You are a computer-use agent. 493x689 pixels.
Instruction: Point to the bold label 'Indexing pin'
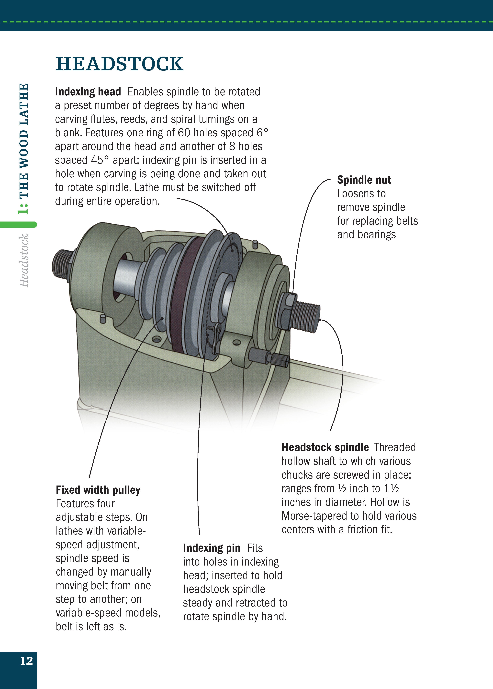click(212, 548)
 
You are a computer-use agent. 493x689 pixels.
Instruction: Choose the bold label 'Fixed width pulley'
click(98, 490)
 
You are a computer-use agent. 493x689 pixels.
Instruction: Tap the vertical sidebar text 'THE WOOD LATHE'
click(24, 141)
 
